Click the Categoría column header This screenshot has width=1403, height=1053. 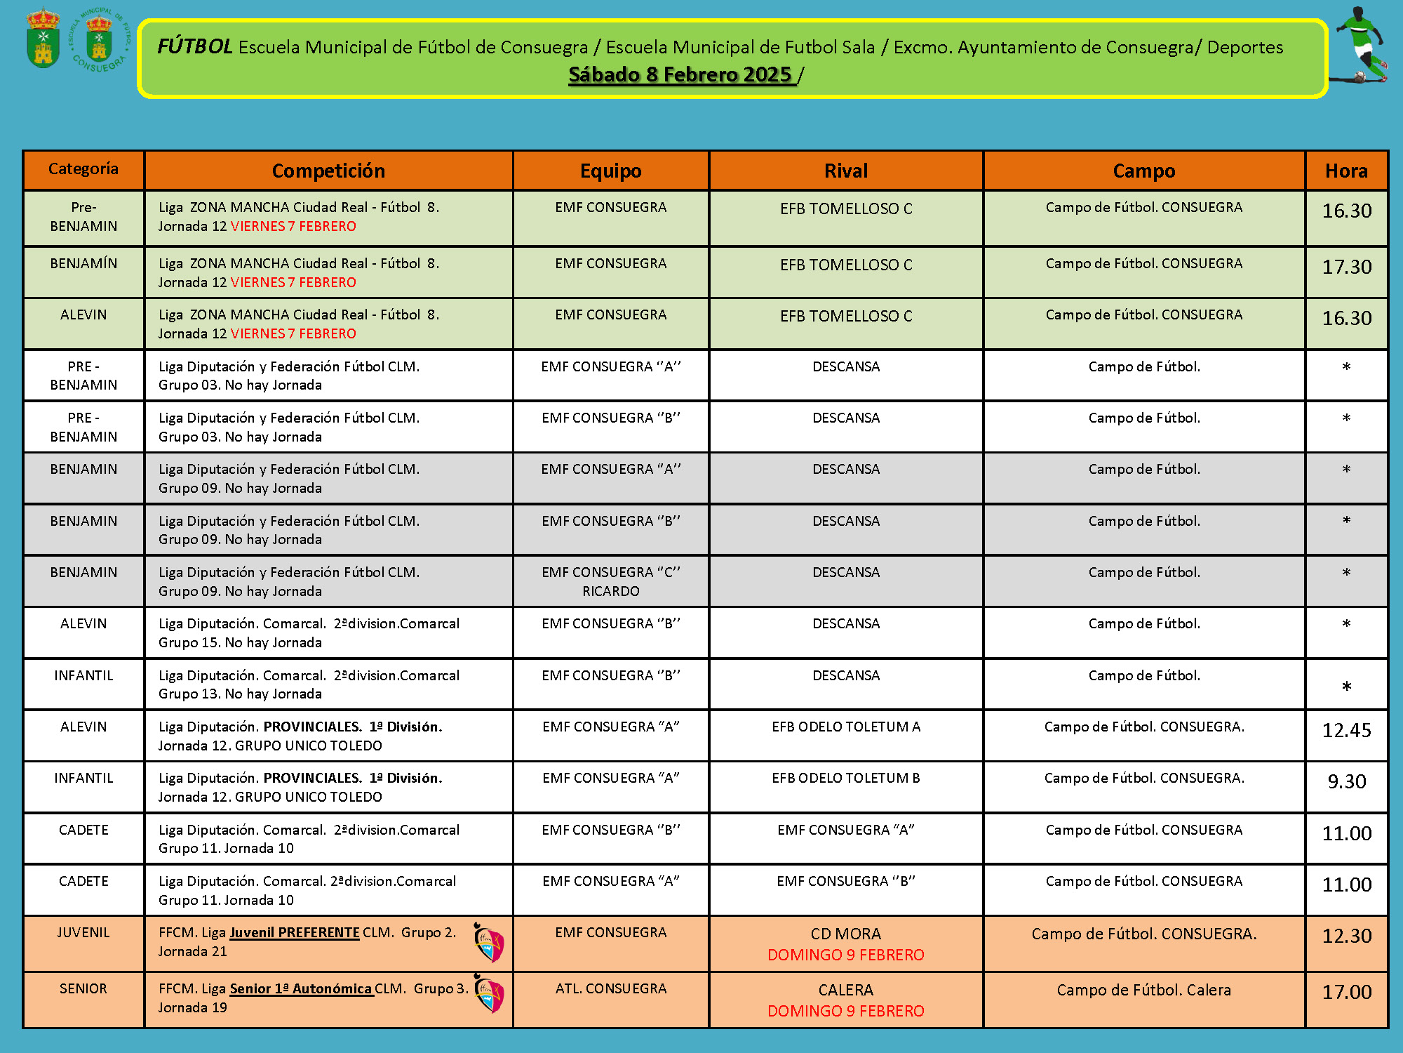point(83,169)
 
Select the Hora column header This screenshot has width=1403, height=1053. point(1346,171)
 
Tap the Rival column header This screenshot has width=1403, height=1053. point(846,171)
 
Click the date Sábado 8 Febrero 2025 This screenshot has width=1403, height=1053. point(680,74)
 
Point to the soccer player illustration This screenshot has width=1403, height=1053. point(1361,45)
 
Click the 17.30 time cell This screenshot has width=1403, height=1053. point(1346,267)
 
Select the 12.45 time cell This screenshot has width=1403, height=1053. point(1346,730)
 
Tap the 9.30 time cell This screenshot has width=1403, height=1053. point(1346,781)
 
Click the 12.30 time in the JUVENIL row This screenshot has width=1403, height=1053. point(1346,936)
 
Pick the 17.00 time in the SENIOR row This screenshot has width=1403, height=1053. point(1346,992)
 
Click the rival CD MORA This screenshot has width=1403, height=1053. point(846,934)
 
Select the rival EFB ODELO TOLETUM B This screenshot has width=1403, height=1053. point(846,778)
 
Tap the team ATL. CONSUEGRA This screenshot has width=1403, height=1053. point(611,988)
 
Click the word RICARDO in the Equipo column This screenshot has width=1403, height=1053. point(611,591)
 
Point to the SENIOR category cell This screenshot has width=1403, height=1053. point(83,988)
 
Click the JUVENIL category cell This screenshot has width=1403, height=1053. point(83,932)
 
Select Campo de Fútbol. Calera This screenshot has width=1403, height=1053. point(1143,990)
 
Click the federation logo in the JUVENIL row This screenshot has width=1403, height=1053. point(489,943)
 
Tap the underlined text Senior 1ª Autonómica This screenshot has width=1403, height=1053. point(301,988)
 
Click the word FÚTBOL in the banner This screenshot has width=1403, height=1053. point(194,46)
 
